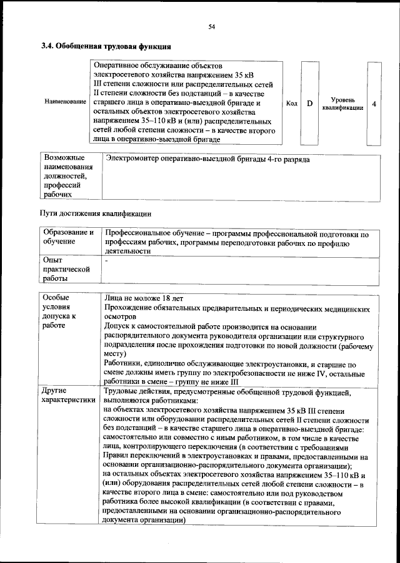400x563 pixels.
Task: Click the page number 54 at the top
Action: click(211, 26)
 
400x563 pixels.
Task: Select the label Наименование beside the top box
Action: click(65, 101)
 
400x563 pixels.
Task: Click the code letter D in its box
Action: click(309, 103)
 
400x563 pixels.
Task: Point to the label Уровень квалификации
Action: click(342, 103)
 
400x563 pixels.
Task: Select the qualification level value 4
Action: click(374, 104)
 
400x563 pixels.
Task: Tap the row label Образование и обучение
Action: click(68, 237)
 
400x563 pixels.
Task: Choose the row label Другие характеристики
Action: click(68, 395)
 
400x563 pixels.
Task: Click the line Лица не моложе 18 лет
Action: click(144, 298)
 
